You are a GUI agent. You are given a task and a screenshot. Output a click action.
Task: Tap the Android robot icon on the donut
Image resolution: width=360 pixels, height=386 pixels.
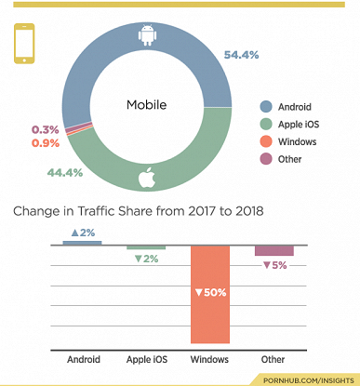(x=145, y=35)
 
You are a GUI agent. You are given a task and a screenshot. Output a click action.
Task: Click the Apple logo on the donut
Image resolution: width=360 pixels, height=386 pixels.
(x=145, y=178)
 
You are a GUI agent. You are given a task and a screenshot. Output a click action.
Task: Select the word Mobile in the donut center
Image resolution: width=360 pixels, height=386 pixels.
(x=145, y=105)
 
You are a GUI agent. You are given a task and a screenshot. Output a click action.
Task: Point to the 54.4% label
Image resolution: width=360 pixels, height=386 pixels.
(x=240, y=55)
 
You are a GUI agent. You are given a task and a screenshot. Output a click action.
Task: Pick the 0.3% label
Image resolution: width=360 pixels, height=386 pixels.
(x=46, y=129)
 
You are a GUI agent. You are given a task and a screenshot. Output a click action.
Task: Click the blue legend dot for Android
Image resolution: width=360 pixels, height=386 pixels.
(x=266, y=106)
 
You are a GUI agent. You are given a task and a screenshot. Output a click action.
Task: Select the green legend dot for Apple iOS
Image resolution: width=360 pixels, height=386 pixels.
(x=266, y=124)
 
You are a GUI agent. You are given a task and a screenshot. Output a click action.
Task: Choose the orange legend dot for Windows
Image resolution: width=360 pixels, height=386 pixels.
(x=266, y=141)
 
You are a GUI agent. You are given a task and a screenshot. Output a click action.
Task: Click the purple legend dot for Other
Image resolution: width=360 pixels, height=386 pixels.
(x=266, y=159)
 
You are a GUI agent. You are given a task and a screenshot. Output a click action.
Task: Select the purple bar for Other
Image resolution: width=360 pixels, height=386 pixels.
(x=273, y=251)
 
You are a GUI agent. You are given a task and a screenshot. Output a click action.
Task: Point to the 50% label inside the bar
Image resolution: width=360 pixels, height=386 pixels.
(x=210, y=293)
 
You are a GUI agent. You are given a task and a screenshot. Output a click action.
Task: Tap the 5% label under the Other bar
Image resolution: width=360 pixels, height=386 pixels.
(x=273, y=266)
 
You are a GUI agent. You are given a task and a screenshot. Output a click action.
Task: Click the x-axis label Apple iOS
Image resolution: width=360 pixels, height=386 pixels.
(x=146, y=359)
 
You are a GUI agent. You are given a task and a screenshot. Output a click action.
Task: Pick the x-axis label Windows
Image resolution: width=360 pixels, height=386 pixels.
(x=210, y=359)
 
